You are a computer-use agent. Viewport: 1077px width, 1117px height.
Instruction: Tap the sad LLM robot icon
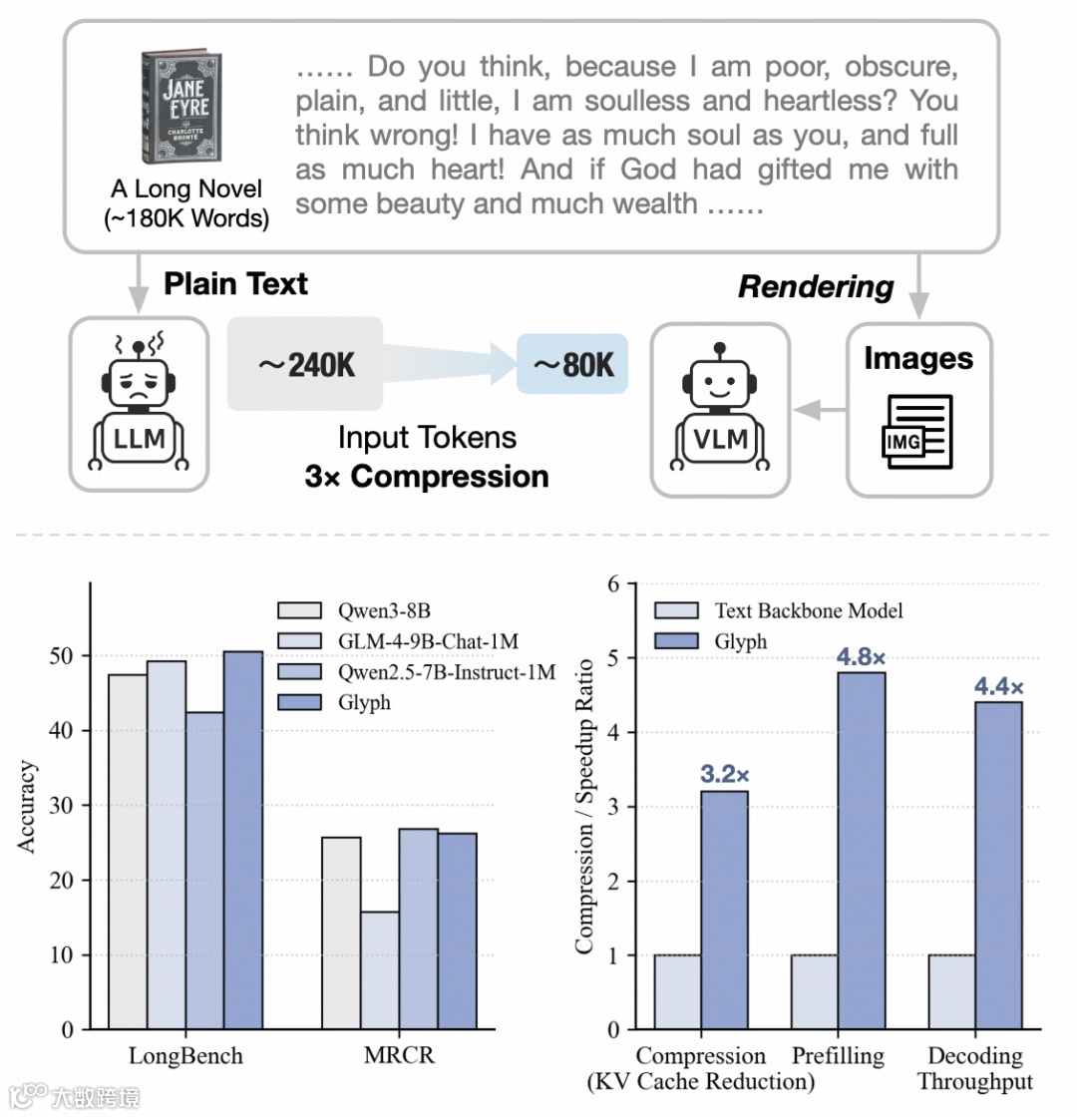138,405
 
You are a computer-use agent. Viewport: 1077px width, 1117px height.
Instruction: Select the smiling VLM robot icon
720,407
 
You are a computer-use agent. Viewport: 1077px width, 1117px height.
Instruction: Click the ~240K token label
306,365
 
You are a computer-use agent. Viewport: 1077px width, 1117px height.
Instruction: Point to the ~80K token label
572,365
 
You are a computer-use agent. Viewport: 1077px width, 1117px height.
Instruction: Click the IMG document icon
917,431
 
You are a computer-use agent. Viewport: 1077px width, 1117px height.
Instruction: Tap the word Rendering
816,287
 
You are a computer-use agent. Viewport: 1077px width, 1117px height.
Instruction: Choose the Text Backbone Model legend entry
788,610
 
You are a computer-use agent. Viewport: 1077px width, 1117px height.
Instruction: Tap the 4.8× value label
861,657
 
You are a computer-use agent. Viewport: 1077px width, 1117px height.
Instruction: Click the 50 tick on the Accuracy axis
68,656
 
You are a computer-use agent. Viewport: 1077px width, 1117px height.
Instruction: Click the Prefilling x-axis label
838,1056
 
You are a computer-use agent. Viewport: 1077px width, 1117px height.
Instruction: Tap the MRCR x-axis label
399,1056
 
